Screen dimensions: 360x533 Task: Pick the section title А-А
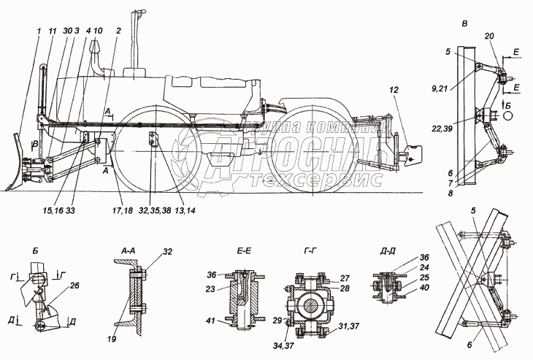(x=127, y=249)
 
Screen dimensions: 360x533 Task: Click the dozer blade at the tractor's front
(x=17, y=164)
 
